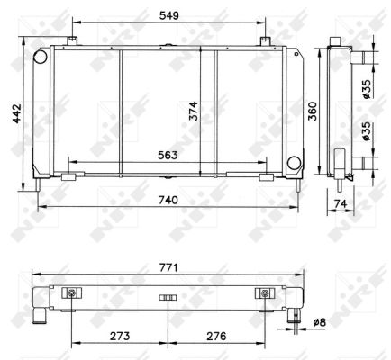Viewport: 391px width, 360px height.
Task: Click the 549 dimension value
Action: coord(169,15)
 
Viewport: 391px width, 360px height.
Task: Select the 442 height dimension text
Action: coord(17,113)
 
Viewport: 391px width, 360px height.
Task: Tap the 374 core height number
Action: coord(194,111)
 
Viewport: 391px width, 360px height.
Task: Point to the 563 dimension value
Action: coord(168,155)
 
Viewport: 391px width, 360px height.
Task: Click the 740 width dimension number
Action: coord(168,200)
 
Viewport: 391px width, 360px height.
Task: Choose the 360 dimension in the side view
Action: coord(313,112)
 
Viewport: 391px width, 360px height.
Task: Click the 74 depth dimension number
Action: coord(341,204)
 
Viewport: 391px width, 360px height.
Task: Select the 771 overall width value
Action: coord(168,267)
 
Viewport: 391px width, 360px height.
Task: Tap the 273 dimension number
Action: coord(120,336)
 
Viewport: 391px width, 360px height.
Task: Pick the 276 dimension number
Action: coord(216,336)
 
